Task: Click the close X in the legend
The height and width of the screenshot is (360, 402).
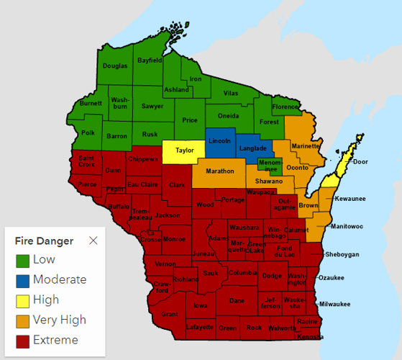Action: (93, 240)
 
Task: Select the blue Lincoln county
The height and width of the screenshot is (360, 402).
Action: (219, 141)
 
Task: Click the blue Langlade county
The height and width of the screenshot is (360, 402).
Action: (252, 148)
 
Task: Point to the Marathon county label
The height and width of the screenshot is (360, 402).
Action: (219, 171)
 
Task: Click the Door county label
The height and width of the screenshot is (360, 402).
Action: (360, 162)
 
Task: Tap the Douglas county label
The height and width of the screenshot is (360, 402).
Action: (115, 66)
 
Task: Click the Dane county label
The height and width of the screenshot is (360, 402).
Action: (237, 301)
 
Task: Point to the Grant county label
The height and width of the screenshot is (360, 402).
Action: (170, 315)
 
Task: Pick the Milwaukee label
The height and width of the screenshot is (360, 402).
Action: (334, 304)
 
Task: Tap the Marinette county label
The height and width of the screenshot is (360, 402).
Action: (306, 146)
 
